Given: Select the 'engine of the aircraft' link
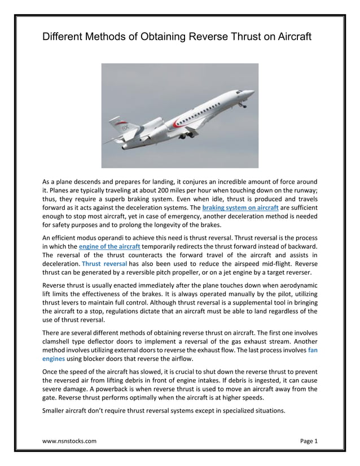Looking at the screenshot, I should pos(109,247).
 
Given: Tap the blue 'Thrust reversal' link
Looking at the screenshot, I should pos(104,264).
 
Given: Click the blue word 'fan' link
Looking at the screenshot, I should pos(313,350).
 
